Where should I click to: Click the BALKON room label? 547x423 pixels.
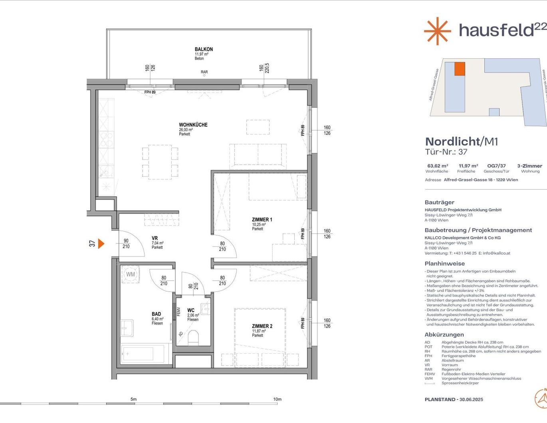tap(204, 49)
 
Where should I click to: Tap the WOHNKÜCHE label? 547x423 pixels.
tap(193, 125)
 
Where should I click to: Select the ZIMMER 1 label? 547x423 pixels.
tap(262, 220)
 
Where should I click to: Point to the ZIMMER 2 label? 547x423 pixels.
tap(262, 326)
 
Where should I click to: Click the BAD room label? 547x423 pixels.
tap(156, 314)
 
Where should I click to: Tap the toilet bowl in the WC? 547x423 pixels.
tap(193, 337)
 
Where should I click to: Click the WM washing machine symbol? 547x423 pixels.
tap(131, 275)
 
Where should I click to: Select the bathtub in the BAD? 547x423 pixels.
tap(143, 354)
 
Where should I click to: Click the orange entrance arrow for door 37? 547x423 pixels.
tap(101, 243)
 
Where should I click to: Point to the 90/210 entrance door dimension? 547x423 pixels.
tap(126, 244)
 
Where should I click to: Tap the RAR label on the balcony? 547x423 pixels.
tap(204, 72)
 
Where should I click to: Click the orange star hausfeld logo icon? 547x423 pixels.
tap(437, 31)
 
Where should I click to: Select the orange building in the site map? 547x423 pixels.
tap(460, 69)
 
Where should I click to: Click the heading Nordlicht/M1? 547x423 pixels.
tap(462, 141)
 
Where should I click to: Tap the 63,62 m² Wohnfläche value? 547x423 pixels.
tap(438, 166)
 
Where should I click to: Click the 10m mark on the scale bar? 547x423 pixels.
tap(277, 399)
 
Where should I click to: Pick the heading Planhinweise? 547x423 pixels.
tap(444, 264)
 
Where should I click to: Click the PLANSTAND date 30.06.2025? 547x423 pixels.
tap(471, 399)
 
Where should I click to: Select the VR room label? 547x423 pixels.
tap(155, 238)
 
